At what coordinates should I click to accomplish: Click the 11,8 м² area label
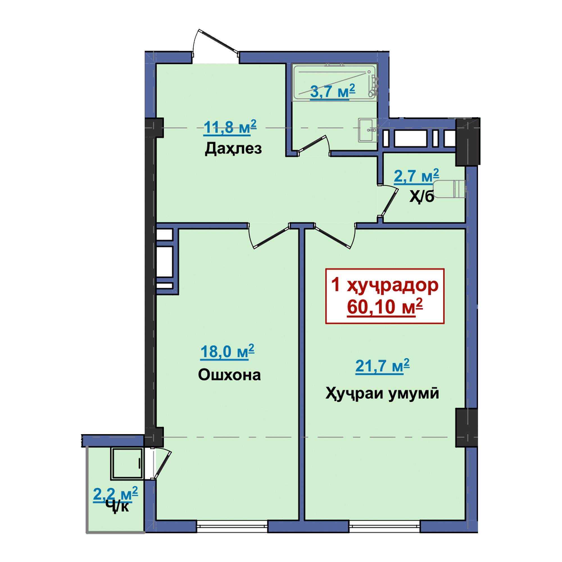[230, 127]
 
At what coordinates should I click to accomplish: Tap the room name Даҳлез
[233, 149]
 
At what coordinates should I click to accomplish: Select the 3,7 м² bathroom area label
[333, 91]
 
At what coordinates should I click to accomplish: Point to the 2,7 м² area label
[416, 176]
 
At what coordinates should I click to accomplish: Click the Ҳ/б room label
[422, 196]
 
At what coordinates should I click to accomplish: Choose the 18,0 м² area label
[227, 352]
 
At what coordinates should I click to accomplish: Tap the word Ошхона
[229, 375]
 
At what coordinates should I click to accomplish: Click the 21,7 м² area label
[382, 366]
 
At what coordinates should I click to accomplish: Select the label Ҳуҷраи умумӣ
[382, 394]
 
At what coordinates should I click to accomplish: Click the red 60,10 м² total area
[385, 307]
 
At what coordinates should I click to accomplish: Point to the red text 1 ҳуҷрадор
[385, 285]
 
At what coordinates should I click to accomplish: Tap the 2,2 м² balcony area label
[115, 494]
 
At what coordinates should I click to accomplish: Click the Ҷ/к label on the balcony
[117, 506]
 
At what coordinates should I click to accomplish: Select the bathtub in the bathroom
[334, 82]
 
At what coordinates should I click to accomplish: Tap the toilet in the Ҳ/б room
[449, 189]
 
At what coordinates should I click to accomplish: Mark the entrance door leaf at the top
[218, 42]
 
